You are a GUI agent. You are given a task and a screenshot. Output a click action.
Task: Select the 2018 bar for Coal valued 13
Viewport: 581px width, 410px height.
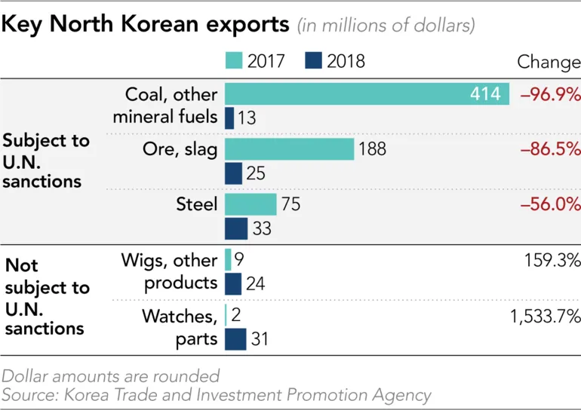click(x=229, y=118)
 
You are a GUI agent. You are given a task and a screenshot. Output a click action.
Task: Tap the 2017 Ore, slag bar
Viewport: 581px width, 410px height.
click(x=289, y=149)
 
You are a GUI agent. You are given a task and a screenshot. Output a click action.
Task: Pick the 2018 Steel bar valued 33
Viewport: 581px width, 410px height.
click(x=236, y=228)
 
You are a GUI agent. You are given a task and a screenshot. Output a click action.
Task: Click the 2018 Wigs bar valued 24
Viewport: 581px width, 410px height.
click(x=233, y=283)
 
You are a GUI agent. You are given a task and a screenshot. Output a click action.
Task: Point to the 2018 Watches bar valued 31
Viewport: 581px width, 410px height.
click(x=235, y=339)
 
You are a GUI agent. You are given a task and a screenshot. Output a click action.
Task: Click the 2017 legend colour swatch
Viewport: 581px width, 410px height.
click(x=234, y=61)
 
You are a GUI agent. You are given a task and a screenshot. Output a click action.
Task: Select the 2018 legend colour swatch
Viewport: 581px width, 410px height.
click(x=313, y=61)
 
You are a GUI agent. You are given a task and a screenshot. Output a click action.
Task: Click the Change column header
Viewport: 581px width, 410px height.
click(x=548, y=61)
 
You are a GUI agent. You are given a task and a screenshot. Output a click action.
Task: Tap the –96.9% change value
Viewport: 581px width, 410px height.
click(x=550, y=94)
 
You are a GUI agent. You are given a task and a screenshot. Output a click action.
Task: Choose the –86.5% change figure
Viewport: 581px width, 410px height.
click(x=550, y=149)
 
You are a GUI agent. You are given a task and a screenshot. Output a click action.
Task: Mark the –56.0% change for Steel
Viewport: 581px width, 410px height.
click(x=550, y=204)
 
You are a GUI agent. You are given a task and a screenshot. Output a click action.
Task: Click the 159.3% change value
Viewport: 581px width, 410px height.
click(x=553, y=260)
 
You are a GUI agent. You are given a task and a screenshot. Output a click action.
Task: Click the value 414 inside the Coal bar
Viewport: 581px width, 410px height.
click(x=485, y=94)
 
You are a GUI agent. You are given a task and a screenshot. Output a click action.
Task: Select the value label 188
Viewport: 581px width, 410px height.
click(x=373, y=149)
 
